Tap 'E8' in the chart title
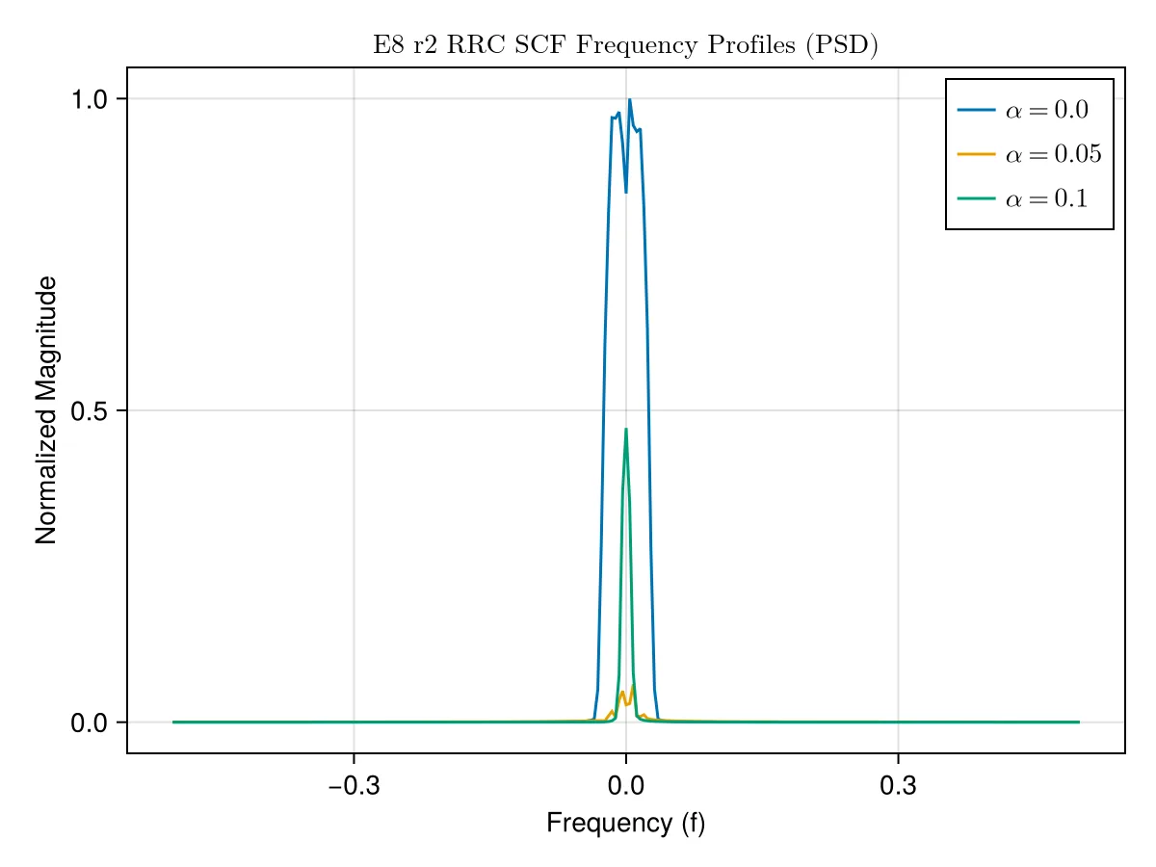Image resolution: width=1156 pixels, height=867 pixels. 389,44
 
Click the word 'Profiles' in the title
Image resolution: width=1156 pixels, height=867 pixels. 751,44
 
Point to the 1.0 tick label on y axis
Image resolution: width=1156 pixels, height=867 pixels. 89,99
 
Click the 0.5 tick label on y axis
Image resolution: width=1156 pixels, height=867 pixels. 89,411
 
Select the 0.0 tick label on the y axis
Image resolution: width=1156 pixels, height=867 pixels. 89,723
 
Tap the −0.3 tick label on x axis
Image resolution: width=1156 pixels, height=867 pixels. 354,786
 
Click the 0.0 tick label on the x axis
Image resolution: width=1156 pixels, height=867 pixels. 625,786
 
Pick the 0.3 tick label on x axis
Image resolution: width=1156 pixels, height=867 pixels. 898,786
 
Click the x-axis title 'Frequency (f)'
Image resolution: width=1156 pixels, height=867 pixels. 625,824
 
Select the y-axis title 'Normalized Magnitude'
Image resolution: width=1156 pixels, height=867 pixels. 46,410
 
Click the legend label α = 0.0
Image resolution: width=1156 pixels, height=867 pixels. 1047,110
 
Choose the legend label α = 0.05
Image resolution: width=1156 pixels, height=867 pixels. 1053,154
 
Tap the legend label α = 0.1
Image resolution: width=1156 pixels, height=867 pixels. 1046,199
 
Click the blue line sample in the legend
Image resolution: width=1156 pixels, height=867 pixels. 976,110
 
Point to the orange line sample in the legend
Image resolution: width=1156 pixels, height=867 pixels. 976,154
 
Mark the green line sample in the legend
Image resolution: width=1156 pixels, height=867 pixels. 976,198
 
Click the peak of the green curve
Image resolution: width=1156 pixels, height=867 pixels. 625,429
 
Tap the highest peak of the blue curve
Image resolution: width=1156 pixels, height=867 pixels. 629,99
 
